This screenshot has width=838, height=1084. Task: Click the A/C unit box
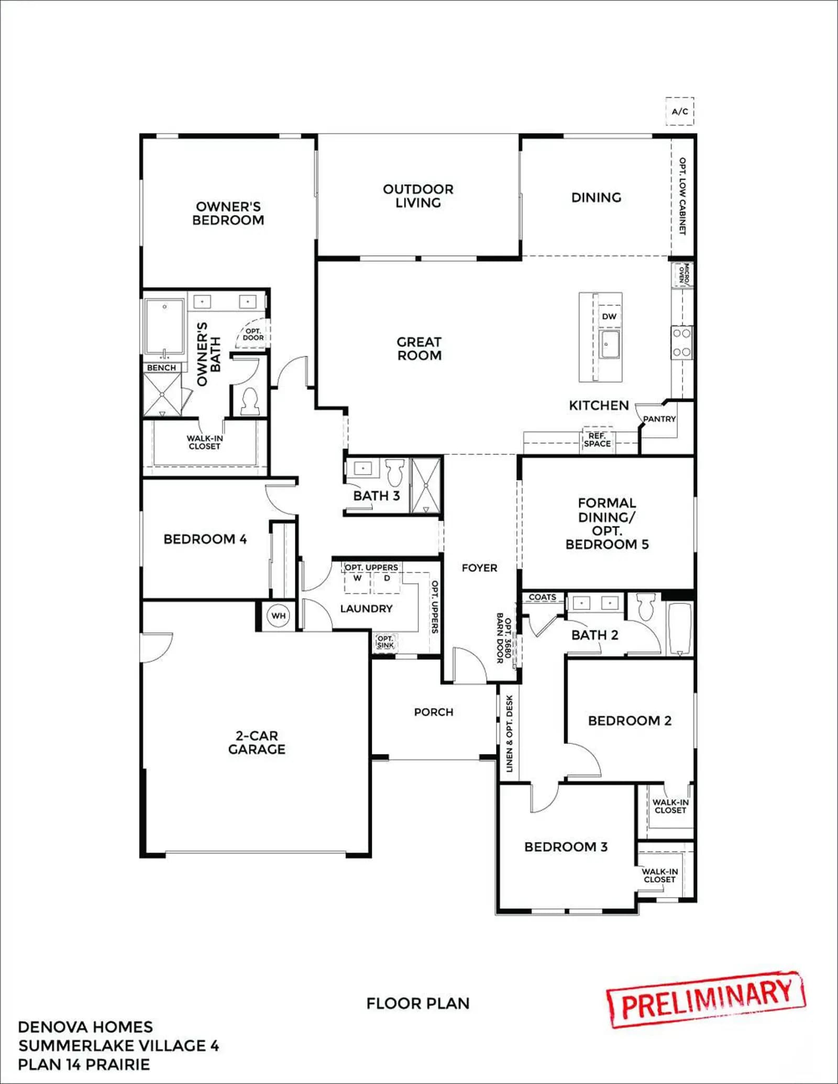(680, 111)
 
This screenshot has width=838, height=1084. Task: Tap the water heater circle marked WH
(279, 616)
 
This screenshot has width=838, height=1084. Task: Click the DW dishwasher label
(609, 316)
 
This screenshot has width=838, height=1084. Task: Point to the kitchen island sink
(610, 344)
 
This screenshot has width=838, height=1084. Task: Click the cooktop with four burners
(682, 342)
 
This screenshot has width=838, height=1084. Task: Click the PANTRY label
(659, 419)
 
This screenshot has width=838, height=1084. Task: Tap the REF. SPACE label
(597, 439)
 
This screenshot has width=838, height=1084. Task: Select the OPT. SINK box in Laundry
(385, 641)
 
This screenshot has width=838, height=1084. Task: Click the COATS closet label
(542, 597)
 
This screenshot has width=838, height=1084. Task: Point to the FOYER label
(480, 568)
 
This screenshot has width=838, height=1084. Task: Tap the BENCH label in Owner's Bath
(161, 368)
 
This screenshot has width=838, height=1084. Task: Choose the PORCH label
(434, 712)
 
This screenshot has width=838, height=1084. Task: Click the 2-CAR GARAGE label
(257, 743)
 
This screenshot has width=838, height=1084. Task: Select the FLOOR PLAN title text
(418, 1003)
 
